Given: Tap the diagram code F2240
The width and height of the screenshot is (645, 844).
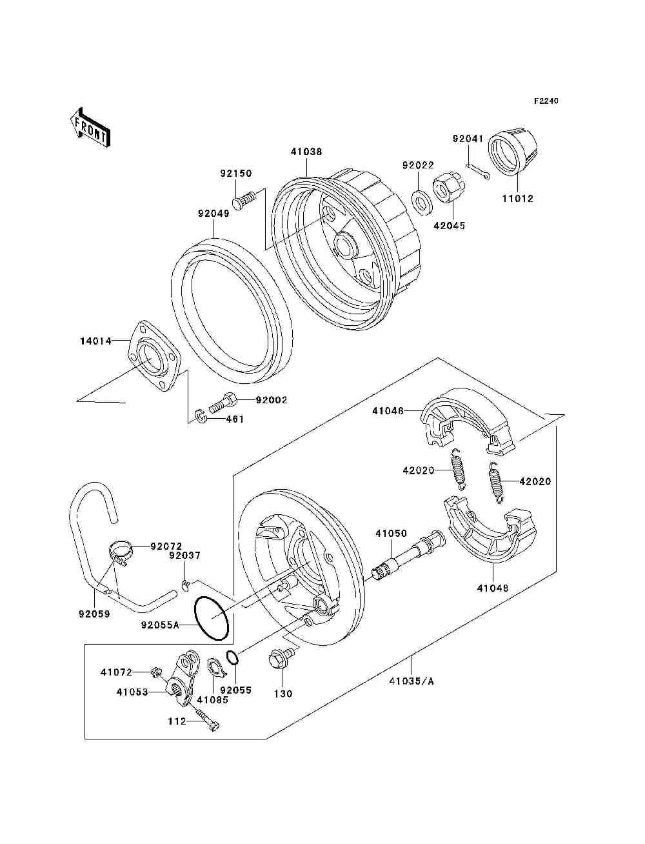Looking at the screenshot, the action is [546, 101].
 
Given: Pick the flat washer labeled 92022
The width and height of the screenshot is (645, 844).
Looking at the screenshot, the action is [422, 201].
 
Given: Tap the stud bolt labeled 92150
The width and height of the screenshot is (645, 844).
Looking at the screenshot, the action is [244, 200].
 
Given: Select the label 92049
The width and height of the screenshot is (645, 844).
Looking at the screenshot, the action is [213, 214].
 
